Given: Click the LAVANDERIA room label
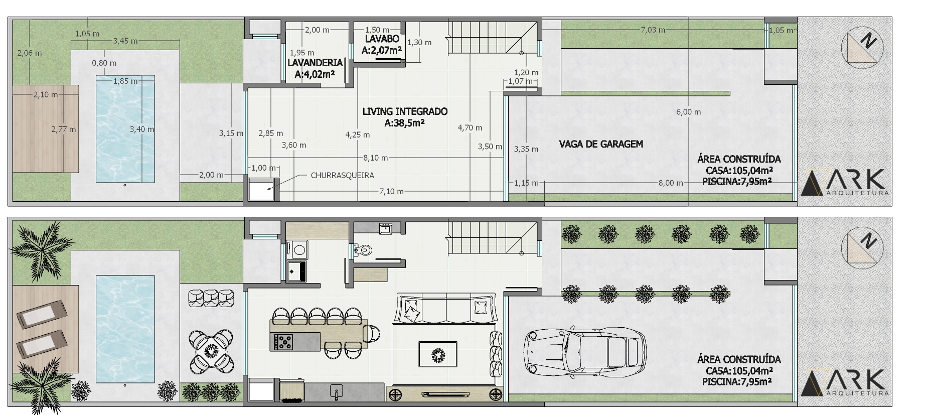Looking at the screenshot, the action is [x=315, y=63].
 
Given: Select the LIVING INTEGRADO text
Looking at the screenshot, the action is [x=405, y=111].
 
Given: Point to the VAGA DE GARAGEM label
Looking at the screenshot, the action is [x=601, y=145].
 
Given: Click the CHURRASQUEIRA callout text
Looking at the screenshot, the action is [x=343, y=176].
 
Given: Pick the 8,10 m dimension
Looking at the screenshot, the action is [x=376, y=158].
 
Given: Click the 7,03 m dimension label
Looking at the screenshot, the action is [x=653, y=30].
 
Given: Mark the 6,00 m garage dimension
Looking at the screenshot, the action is [x=689, y=112].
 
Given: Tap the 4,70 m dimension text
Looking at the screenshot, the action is [x=470, y=128].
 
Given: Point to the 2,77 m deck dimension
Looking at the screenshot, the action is [x=64, y=129].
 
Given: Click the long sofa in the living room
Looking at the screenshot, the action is [x=448, y=308].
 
